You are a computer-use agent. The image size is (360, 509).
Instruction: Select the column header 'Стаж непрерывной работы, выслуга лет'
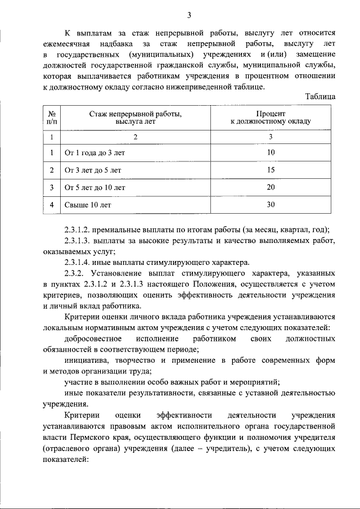(x=135, y=117)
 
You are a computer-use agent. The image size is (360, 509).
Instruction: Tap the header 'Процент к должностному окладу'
(x=271, y=117)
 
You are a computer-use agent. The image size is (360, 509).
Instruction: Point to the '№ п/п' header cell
(x=52, y=117)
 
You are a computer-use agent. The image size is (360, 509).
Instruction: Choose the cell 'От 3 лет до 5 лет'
(x=93, y=170)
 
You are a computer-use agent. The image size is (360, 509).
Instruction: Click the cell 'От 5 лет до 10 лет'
(x=95, y=187)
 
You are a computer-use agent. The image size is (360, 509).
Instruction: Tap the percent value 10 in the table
(x=271, y=153)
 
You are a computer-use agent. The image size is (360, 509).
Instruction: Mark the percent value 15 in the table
(x=271, y=170)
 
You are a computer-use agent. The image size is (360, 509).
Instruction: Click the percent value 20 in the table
(x=271, y=187)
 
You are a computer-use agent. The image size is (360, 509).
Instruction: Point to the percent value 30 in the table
(x=271, y=205)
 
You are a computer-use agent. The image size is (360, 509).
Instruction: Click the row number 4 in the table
(x=52, y=205)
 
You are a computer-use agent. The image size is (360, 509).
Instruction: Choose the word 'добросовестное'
(x=93, y=339)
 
